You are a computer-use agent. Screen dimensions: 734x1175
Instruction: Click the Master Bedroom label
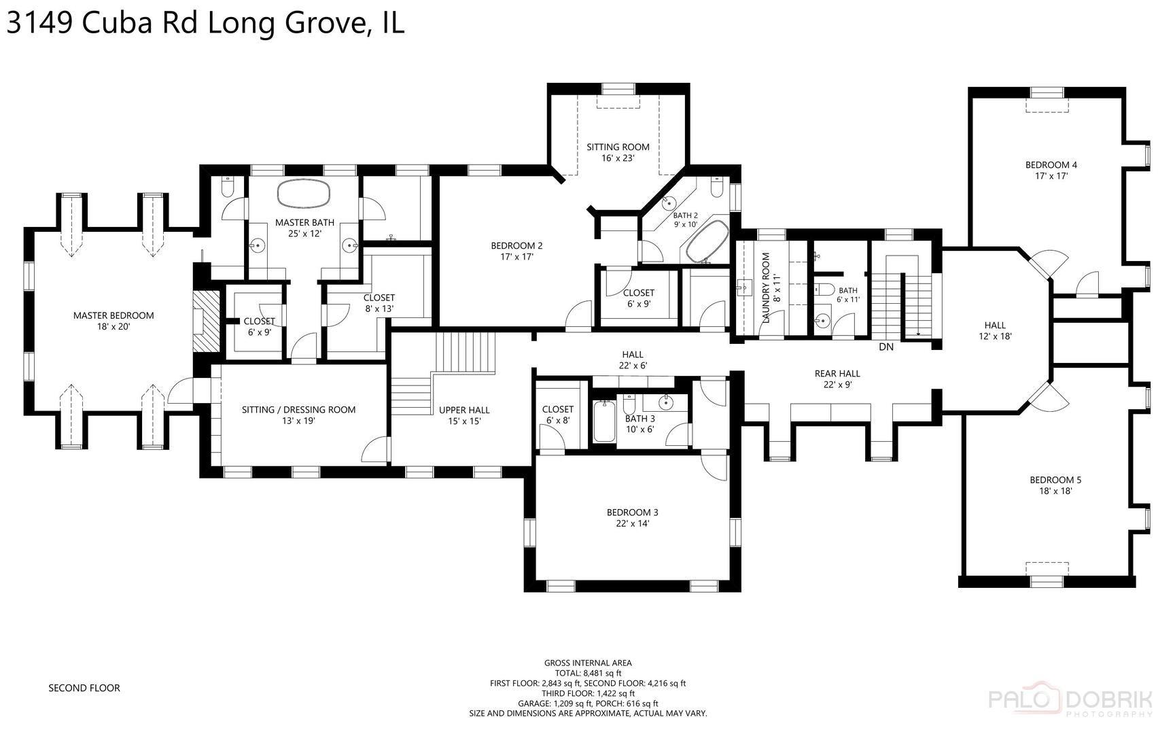click(x=113, y=315)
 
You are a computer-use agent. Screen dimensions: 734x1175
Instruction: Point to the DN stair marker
click(x=886, y=347)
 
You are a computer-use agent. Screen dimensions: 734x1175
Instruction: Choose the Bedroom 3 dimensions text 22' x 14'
click(x=632, y=523)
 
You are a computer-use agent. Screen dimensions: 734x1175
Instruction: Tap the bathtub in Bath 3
click(x=603, y=422)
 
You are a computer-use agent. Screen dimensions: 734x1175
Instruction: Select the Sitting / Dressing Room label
click(x=298, y=410)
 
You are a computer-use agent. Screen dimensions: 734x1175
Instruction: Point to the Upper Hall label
click(x=464, y=410)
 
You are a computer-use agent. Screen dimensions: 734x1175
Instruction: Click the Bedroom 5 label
click(x=1055, y=480)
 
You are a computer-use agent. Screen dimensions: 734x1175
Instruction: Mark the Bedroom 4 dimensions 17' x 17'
click(x=1051, y=176)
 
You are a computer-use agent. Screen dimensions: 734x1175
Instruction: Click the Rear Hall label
click(x=837, y=373)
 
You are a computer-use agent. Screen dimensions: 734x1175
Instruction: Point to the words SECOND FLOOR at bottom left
click(x=84, y=688)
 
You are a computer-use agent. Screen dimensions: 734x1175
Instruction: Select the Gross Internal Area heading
click(x=588, y=663)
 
